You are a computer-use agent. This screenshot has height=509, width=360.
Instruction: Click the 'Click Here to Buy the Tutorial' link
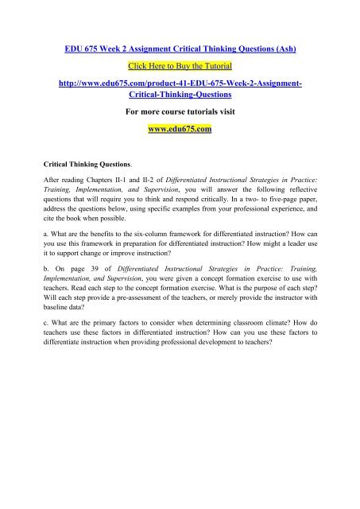[180, 41]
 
